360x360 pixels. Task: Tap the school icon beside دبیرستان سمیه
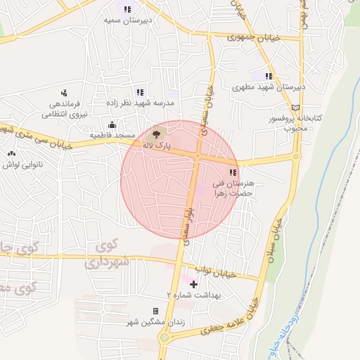pos(127,9)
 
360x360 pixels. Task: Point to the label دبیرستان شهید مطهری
pos(269,88)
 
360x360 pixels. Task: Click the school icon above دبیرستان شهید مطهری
pos(269,76)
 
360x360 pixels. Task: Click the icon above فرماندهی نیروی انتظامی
pos(64,92)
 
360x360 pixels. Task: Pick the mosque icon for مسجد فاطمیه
pos(112,125)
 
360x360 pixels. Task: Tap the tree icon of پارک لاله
pos(155,133)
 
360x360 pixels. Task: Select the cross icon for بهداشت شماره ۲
pos(193,284)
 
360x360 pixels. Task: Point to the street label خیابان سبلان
pos(277,239)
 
